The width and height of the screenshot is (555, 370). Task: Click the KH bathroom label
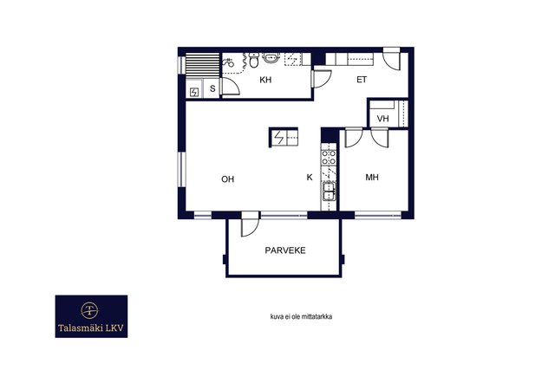(265, 80)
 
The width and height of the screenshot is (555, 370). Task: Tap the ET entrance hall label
(362, 80)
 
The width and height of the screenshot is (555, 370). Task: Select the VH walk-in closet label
(382, 119)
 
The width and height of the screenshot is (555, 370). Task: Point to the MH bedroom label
(372, 178)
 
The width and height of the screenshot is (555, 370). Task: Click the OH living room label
(227, 179)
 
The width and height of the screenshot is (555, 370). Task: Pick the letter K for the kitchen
(310, 178)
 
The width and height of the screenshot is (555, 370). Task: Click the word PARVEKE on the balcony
(285, 250)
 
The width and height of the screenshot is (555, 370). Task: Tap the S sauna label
(212, 88)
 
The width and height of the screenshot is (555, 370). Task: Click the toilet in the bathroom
(253, 61)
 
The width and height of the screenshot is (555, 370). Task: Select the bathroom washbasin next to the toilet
(271, 58)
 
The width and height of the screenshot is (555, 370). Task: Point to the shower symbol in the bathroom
(228, 62)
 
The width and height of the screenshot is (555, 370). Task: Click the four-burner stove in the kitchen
(329, 158)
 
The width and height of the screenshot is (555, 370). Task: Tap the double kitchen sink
(329, 191)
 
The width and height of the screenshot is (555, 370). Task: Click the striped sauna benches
(203, 64)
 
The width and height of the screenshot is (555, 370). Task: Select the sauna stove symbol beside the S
(194, 93)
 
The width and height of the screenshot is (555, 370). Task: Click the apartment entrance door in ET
(392, 60)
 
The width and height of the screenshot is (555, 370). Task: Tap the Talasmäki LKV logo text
(91, 328)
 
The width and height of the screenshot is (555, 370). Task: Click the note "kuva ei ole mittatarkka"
(301, 316)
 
